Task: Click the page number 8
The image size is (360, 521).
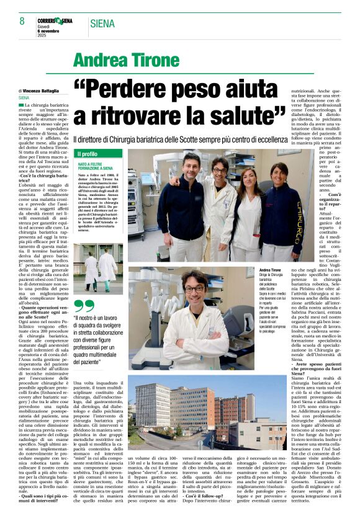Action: (x=14, y=22)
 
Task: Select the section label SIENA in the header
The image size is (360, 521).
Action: (x=103, y=24)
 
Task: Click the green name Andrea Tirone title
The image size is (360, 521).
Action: (x=126, y=60)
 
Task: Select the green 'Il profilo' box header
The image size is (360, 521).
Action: (x=88, y=153)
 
